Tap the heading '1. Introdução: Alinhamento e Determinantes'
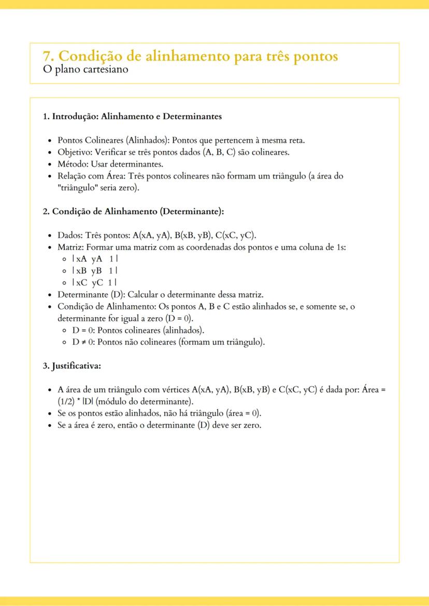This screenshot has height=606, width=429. [132, 116]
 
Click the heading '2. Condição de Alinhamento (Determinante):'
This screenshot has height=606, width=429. [133, 211]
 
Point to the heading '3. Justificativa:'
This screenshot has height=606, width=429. [71, 366]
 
